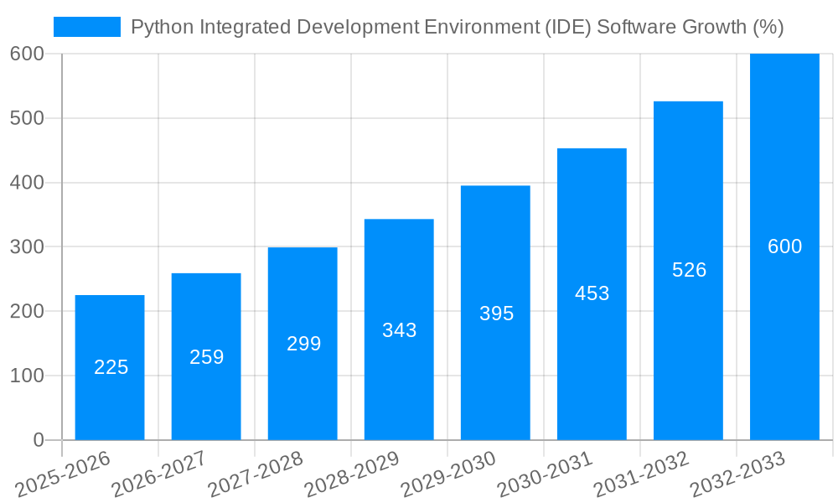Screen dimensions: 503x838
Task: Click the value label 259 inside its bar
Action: (x=206, y=357)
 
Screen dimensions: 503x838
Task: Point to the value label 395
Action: (x=496, y=314)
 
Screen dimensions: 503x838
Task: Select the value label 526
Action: (x=689, y=270)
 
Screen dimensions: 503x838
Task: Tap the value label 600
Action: (x=784, y=246)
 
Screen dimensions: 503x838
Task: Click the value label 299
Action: (x=303, y=344)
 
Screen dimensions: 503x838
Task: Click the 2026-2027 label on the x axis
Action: (x=159, y=474)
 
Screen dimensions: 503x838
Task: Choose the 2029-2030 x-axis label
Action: (x=448, y=474)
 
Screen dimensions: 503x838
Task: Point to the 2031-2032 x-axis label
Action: (x=641, y=474)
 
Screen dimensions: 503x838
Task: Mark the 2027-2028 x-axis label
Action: (x=256, y=474)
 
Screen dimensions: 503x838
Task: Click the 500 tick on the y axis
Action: (x=27, y=118)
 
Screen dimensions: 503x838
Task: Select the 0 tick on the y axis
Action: (x=38, y=440)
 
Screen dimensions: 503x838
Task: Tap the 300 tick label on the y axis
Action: (x=27, y=247)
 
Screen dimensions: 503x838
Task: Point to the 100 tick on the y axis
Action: (x=27, y=376)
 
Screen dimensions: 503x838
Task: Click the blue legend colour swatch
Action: (x=87, y=27)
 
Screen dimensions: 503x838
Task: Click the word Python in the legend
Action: (x=158, y=27)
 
